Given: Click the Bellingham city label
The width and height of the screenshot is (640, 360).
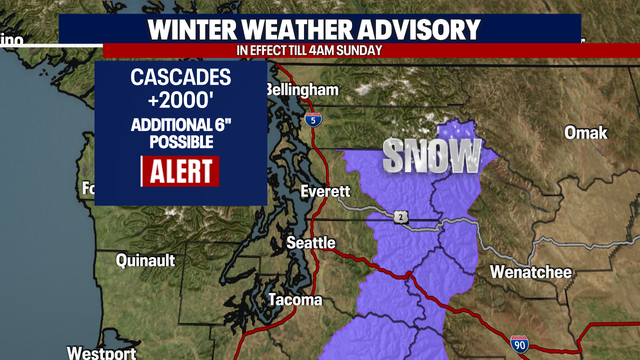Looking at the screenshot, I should (x=303, y=90).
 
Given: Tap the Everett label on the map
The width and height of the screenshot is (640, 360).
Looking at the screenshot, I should (x=326, y=191).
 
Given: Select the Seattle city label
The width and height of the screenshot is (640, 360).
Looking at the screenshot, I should (x=311, y=242).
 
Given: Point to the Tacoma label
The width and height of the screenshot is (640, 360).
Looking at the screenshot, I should (x=295, y=300).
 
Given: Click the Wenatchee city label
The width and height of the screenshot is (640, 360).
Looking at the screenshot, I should (x=531, y=271).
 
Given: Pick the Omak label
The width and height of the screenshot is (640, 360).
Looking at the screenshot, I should (x=586, y=133).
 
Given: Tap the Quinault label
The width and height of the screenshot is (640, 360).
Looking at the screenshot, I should (x=145, y=260).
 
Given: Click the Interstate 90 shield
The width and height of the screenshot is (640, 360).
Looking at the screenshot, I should (x=519, y=345).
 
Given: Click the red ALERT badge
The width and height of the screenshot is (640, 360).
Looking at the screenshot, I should (x=181, y=171).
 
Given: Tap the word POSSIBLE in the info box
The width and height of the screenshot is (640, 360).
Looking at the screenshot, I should (x=181, y=143).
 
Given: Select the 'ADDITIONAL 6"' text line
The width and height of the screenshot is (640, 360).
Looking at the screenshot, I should (x=181, y=126).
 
